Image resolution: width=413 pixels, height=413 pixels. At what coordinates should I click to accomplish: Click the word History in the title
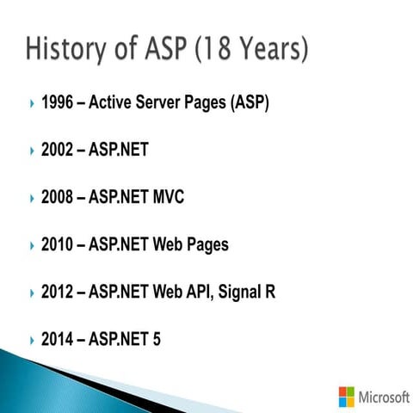70,48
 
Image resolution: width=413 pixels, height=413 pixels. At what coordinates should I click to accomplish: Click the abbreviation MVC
167,198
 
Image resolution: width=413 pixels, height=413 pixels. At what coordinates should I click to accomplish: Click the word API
196,293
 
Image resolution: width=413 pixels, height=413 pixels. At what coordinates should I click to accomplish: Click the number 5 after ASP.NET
156,340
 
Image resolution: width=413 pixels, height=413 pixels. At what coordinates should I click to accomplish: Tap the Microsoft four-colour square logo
346,397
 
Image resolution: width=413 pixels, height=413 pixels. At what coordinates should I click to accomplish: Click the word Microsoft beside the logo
384,397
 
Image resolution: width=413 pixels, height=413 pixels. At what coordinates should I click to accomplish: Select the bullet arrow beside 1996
29,104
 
